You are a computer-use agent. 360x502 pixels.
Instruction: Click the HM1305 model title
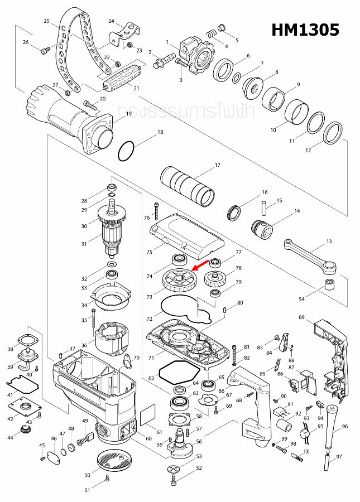click(x=305, y=29)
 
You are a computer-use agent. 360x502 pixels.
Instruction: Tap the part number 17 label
click(x=218, y=165)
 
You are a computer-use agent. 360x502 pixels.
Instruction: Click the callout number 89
click(x=301, y=317)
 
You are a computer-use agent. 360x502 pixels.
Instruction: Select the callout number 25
click(x=47, y=21)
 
